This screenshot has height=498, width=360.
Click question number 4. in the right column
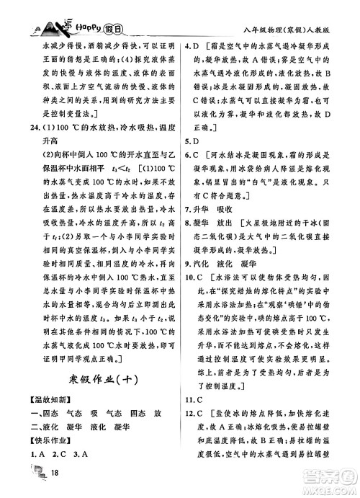pos(188,46)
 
